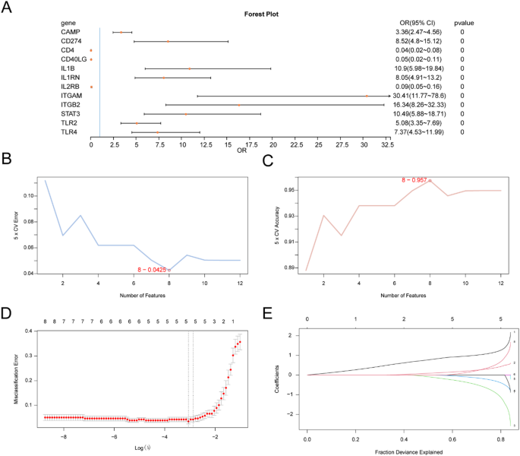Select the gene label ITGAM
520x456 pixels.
[73, 96]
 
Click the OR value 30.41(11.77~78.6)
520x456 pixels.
[422, 96]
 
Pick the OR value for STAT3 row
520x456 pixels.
[422, 114]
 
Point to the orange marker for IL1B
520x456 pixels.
[190, 68]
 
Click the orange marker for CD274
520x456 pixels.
[169, 41]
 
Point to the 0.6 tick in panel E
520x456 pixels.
[452, 439]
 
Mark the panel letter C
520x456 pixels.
[266, 160]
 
